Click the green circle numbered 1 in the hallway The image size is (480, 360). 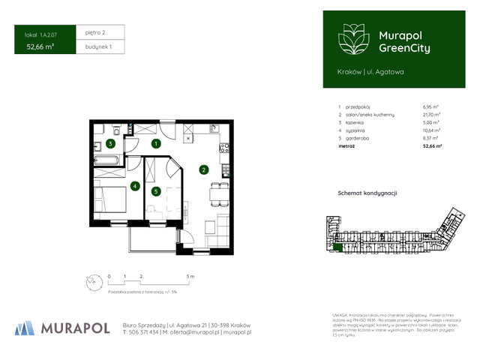[x=156, y=142]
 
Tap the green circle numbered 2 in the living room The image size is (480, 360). [x=203, y=169]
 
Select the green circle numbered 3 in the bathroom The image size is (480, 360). [x=110, y=143]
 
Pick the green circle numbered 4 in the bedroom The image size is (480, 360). [x=135, y=186]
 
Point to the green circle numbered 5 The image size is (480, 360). [x=156, y=191]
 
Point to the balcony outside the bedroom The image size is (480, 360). [x=154, y=239]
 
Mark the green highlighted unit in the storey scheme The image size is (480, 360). [x=338, y=247]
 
